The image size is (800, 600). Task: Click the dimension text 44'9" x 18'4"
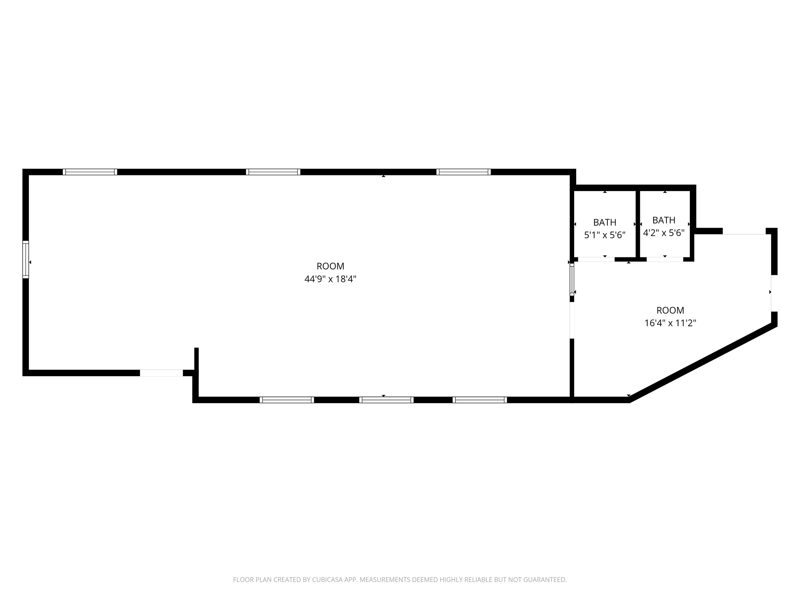[330, 279]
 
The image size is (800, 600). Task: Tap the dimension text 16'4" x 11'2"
[670, 323]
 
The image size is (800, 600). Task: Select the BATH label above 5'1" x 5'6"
[605, 223]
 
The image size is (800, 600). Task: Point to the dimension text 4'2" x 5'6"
[664, 233]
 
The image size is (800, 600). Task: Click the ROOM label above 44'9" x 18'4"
[330, 266]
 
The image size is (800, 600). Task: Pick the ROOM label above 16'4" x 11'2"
[670, 311]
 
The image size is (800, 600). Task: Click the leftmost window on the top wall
[90, 172]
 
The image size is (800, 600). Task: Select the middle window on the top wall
[273, 172]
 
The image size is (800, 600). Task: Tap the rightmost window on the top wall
[463, 172]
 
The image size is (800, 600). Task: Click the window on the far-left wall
[26, 259]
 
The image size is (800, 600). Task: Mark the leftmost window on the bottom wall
[287, 400]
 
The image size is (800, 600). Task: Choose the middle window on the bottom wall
[386, 400]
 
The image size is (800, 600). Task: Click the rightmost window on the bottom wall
[480, 400]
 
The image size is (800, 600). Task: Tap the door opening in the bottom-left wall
[161, 373]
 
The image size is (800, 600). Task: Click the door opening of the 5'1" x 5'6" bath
[596, 259]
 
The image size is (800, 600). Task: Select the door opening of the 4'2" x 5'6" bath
[665, 259]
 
